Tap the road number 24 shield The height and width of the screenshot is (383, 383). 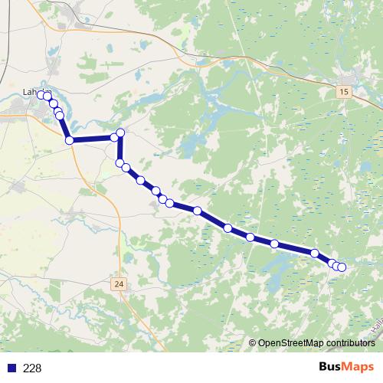pos(117,284)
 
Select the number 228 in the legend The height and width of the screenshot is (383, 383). pos(32,368)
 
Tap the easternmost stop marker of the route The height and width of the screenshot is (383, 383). pos(342,267)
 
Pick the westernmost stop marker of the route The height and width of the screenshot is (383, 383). pos(41,95)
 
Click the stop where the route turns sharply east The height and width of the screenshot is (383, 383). pos(70,140)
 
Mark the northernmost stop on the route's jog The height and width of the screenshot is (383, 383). pos(120,133)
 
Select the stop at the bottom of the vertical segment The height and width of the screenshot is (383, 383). pos(119,162)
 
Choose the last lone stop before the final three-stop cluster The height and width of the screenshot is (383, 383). pos(315,253)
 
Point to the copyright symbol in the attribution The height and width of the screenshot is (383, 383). pos(252,343)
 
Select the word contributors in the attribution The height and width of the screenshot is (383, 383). pos(349,343)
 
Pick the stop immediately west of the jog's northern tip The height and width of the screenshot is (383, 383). pos(114,137)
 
